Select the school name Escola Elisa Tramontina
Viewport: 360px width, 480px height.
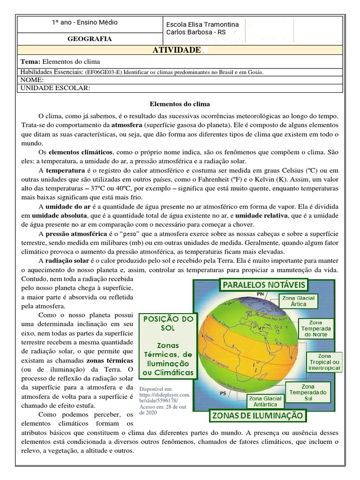pos(202,24)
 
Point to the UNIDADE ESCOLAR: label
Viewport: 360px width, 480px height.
pos(55,88)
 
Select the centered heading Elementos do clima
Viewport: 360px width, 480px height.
pos(180,104)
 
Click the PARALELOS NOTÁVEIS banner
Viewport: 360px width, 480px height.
pos(264,285)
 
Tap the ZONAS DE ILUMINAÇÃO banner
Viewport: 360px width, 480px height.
pos(258,415)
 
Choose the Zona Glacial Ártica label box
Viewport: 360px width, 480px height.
pos(299,301)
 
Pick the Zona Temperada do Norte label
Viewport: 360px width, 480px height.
pos(315,329)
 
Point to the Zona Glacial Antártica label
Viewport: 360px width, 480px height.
pos(266,401)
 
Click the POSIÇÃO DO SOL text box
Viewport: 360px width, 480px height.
pos(168,346)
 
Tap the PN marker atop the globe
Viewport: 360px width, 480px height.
pos(261,294)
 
